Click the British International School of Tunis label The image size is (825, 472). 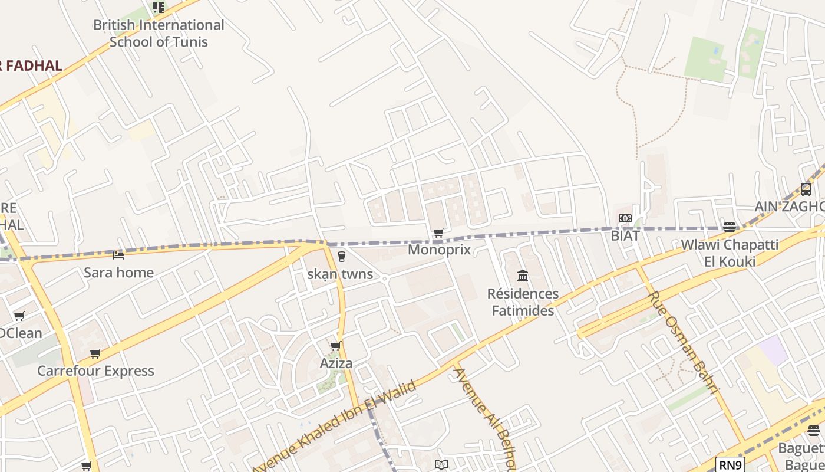[x=159, y=34]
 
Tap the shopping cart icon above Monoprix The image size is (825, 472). [x=438, y=233]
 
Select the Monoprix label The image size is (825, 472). [x=440, y=250]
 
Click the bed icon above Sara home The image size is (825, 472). [x=118, y=255]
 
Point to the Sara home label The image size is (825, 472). [x=118, y=273]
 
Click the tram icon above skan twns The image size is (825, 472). [x=341, y=257]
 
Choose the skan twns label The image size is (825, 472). [x=340, y=274]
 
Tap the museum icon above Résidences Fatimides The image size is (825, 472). [x=523, y=276]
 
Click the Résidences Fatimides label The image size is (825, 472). [x=523, y=302]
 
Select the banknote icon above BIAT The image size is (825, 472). [x=625, y=219]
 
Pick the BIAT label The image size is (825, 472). [x=625, y=235]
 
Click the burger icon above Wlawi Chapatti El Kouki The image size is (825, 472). [x=730, y=227]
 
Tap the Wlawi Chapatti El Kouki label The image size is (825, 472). [x=730, y=253]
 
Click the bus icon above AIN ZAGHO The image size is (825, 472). [x=806, y=189]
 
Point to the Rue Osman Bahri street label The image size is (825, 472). [x=684, y=342]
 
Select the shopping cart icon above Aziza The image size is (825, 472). [x=336, y=346]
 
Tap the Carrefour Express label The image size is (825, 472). [x=95, y=371]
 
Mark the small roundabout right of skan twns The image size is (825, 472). [x=384, y=278]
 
